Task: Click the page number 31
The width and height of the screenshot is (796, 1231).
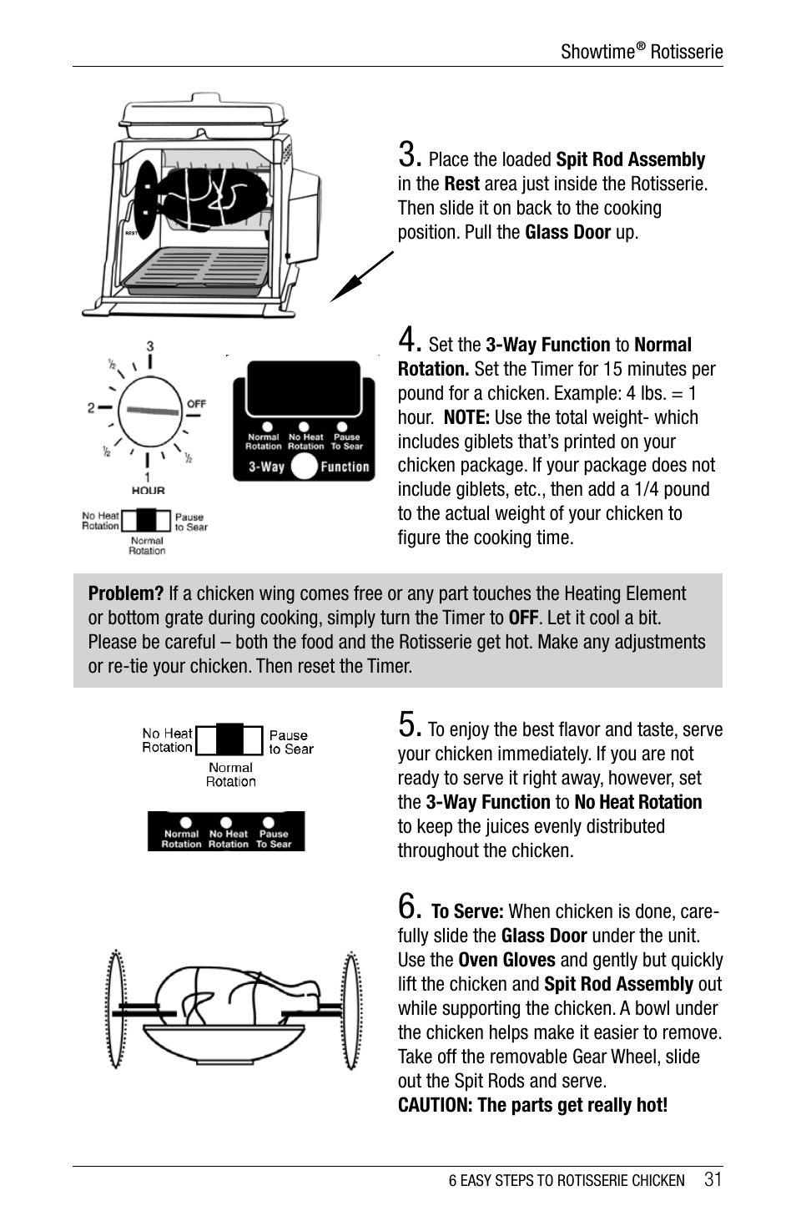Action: point(713,1179)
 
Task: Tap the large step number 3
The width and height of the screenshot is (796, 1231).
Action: point(408,154)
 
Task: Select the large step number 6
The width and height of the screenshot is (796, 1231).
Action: point(408,906)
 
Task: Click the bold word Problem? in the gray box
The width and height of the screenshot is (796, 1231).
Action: point(125,593)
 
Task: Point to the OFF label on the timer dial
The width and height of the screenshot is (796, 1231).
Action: point(196,403)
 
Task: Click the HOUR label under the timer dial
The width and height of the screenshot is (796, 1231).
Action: point(148,491)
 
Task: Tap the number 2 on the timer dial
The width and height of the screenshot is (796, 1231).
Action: point(91,407)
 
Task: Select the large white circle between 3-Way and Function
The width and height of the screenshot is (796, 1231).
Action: point(304,467)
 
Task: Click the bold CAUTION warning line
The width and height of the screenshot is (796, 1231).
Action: point(532,1105)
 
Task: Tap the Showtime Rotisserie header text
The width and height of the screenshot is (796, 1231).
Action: point(641,52)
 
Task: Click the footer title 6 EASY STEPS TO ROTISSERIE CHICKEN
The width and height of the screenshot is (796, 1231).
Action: point(566,1180)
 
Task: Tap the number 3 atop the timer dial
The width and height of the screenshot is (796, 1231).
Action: point(150,346)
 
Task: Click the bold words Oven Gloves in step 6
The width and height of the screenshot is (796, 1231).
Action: point(506,960)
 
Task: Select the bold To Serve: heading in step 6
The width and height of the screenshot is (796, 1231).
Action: point(466,911)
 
